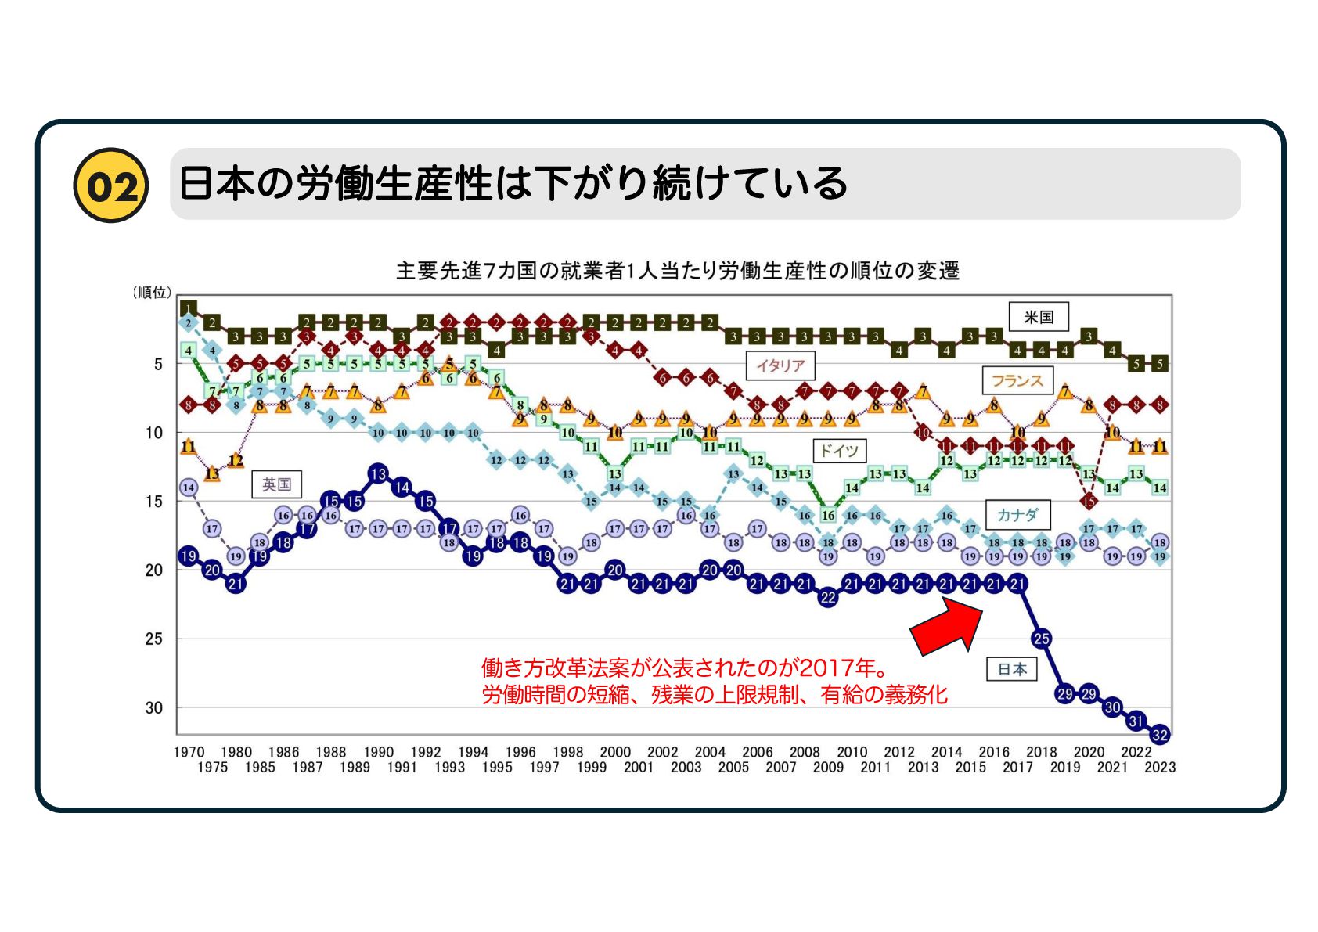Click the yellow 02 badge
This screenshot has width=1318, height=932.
click(x=110, y=185)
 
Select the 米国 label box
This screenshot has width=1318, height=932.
click(x=1038, y=317)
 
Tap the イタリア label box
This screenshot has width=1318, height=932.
click(x=780, y=365)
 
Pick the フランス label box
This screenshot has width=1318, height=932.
click(x=1016, y=381)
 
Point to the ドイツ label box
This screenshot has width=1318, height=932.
click(x=839, y=451)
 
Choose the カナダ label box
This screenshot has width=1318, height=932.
click(x=1017, y=515)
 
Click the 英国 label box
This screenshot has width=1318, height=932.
click(x=275, y=484)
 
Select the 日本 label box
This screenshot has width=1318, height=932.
click(x=1012, y=669)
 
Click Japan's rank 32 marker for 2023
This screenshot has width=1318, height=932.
click(x=1159, y=735)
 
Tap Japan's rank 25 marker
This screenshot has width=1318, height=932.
click(x=1041, y=639)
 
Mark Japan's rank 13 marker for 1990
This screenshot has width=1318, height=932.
click(x=378, y=473)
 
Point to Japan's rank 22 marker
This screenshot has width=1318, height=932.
click(x=828, y=598)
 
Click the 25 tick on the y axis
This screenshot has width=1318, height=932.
click(x=153, y=639)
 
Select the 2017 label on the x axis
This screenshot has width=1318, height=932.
click(x=1017, y=768)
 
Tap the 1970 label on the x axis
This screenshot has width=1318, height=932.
click(x=189, y=752)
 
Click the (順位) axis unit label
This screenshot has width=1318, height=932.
click(x=151, y=293)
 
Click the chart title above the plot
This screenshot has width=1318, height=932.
click(x=677, y=271)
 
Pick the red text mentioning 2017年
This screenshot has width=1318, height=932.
click(x=686, y=668)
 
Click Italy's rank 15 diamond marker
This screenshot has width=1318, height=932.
click(x=1088, y=501)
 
